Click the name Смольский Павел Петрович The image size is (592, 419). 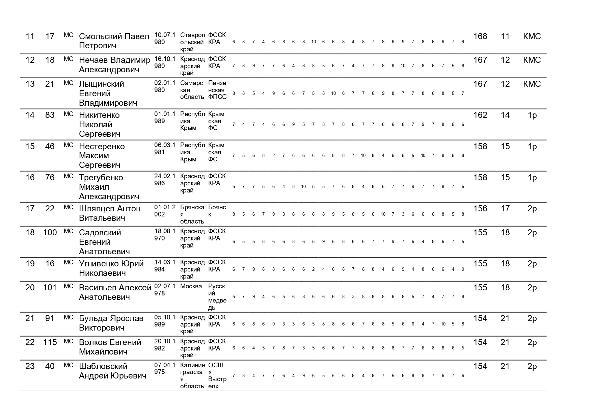(114, 41)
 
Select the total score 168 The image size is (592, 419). (480, 36)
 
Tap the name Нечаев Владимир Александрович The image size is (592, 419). (114, 65)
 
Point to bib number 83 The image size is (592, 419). (50, 115)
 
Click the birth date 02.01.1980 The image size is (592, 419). (165, 86)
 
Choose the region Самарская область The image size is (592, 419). (192, 90)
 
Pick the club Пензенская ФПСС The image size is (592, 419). (217, 90)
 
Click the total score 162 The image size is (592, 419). (480, 115)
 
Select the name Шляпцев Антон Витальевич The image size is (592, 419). (110, 213)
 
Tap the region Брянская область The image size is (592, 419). (192, 214)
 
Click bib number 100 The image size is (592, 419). (50, 233)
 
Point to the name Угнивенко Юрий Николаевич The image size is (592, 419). (111, 268)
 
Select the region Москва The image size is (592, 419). (191, 287)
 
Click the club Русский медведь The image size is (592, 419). (217, 297)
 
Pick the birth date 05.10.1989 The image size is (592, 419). (165, 321)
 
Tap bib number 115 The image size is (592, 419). (50, 342)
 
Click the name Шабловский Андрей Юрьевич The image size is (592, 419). (112, 371)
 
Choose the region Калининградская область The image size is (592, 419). (192, 376)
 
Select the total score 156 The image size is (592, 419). (480, 209)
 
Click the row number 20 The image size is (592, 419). (30, 288)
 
